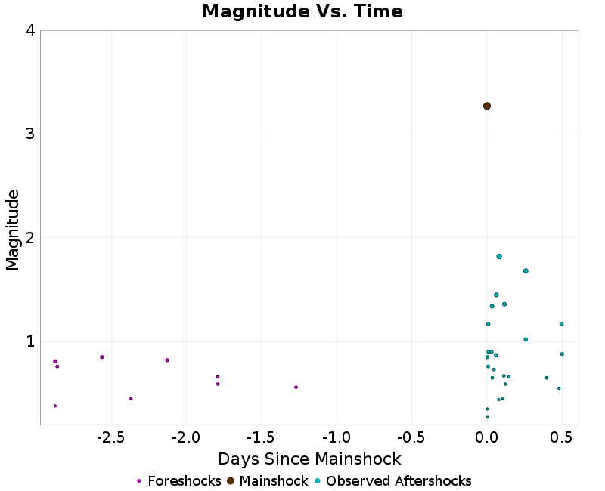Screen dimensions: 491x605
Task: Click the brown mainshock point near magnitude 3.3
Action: pyautogui.click(x=487, y=106)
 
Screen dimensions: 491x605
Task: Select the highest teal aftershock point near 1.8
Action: pyautogui.click(x=499, y=256)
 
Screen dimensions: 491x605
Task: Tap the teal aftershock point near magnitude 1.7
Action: pyautogui.click(x=526, y=270)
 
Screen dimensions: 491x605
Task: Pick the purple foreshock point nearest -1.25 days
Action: pyautogui.click(x=296, y=387)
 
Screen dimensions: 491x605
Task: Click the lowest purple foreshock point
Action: pyautogui.click(x=55, y=406)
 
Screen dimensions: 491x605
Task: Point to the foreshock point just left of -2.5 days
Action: pyautogui.click(x=101, y=357)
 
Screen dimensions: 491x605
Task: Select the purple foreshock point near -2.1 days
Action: pyautogui.click(x=167, y=360)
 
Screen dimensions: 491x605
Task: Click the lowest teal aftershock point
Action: pyautogui.click(x=487, y=417)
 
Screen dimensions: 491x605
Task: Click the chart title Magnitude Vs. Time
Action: pyautogui.click(x=302, y=12)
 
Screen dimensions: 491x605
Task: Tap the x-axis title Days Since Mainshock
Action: pyautogui.click(x=309, y=459)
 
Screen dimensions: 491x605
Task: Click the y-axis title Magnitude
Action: pyautogui.click(x=13, y=230)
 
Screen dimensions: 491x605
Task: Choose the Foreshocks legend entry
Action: pyautogui.click(x=178, y=481)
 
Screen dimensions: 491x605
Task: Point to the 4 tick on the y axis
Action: pyautogui.click(x=30, y=31)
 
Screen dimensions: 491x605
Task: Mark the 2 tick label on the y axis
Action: pyautogui.click(x=30, y=238)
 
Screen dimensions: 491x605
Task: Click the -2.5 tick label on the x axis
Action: pyautogui.click(x=112, y=438)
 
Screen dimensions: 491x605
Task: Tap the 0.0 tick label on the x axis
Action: pyautogui.click(x=487, y=438)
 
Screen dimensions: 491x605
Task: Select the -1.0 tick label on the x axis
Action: pyautogui.click(x=337, y=438)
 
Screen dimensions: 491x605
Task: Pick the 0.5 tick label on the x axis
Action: pyautogui.click(x=560, y=438)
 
